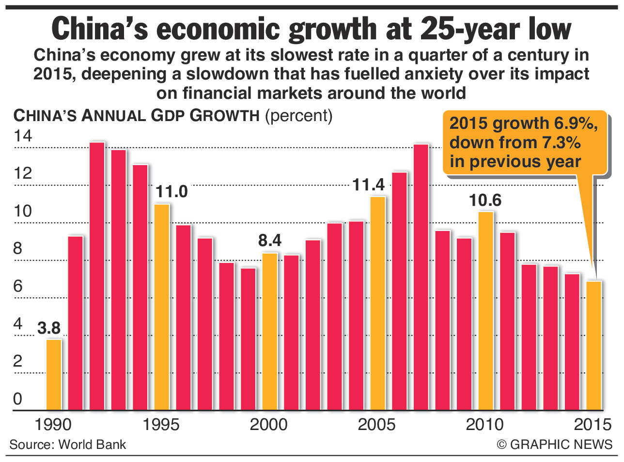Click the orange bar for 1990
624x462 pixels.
54,375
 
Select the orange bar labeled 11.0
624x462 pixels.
162,307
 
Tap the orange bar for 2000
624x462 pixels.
270,332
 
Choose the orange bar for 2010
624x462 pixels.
486,311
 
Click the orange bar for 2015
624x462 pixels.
594,346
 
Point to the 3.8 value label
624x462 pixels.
49,328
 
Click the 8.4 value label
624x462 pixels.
270,241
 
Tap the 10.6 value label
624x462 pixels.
485,200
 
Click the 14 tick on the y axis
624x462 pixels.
23,136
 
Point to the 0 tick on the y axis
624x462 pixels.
18,399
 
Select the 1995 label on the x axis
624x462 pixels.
161,425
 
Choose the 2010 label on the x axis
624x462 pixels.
485,425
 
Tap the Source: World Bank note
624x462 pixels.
67,445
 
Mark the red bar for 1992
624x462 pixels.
97,276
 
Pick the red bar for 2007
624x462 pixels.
421,277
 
